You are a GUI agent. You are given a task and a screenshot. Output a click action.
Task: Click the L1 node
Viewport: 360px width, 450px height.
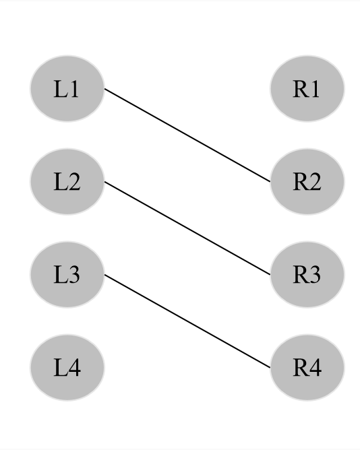(67, 89)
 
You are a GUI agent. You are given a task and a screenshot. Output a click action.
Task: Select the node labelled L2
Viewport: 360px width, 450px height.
(67, 182)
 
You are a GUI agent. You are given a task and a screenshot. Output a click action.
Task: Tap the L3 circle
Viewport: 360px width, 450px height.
(67, 275)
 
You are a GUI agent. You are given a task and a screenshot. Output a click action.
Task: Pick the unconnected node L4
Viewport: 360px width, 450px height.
(67, 368)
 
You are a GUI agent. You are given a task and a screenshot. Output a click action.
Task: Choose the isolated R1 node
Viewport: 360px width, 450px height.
(307, 89)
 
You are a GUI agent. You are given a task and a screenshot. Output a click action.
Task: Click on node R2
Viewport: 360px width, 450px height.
(307, 182)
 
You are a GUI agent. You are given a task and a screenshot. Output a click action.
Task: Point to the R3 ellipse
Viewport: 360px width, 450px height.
(307, 275)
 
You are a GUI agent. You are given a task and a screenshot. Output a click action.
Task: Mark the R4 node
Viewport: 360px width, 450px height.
(307, 368)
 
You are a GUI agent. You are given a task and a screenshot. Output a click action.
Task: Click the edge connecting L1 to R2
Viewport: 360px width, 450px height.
(187, 135)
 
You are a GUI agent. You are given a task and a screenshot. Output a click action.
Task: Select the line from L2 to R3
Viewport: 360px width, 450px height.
(187, 228)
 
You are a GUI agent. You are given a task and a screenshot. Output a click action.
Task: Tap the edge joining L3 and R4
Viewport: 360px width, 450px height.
(187, 321)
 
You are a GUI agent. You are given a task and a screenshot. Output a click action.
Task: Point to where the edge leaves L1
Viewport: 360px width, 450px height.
(104, 89)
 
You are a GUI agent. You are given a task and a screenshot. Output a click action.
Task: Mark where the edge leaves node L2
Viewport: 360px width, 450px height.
(104, 182)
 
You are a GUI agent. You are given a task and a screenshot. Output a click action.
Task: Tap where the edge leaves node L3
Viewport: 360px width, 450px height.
(104, 275)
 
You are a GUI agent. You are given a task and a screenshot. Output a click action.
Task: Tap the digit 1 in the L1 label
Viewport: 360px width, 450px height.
(74, 90)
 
